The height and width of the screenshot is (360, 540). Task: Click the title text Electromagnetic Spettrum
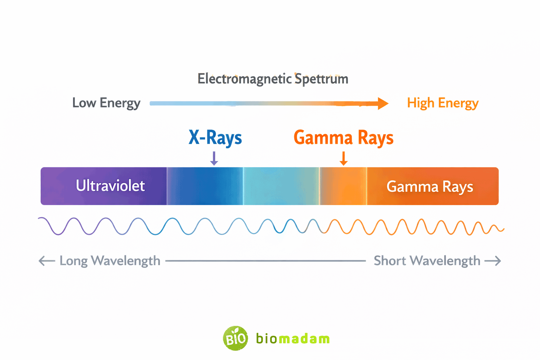pos(273,79)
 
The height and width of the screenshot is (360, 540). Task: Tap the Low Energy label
pos(106,103)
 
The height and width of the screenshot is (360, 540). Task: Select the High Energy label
pos(443,103)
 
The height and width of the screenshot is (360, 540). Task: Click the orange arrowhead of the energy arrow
pos(382,103)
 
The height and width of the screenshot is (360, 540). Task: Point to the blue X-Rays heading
pos(215,137)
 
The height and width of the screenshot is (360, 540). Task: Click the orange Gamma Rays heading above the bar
pos(343,137)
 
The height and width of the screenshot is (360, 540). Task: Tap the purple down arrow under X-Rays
pos(214,159)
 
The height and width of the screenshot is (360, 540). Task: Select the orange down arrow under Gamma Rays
pos(344,159)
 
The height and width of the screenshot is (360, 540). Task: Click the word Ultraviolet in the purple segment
pos(110,186)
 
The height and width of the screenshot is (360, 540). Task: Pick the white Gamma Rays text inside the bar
pos(430,187)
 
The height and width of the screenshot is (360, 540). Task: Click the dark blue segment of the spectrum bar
pos(205,186)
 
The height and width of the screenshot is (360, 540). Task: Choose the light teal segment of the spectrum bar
pos(281,186)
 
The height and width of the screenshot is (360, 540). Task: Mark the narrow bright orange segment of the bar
pos(343,186)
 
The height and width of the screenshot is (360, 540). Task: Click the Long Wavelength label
pos(110,261)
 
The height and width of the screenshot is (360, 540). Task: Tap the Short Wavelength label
pos(427,261)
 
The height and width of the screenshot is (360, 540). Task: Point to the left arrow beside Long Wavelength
pos(46,261)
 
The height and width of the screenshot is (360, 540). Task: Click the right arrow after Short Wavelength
pos(493,261)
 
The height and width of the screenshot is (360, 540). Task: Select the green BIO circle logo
pos(235,339)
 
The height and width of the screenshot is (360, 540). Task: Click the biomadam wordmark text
pos(293,339)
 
